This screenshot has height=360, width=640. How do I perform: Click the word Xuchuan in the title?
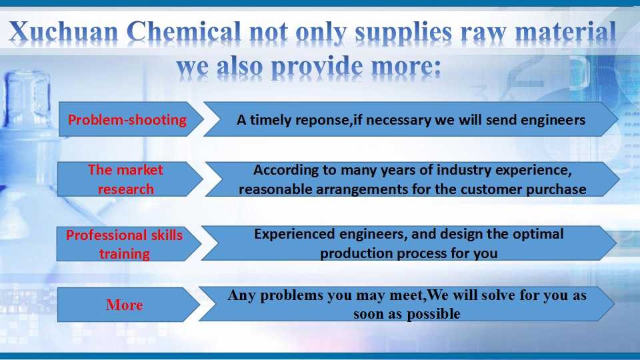64,31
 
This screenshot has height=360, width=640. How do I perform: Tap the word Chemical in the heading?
184,31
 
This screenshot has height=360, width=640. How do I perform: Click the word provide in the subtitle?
316,67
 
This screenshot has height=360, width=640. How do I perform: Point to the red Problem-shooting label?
127,119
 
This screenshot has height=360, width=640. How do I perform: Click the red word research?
126,189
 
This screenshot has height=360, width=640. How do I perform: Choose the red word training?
125,254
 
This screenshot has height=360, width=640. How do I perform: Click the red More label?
125,305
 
